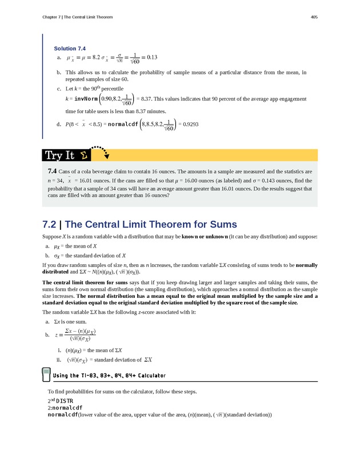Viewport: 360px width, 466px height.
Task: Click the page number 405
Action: click(314, 17)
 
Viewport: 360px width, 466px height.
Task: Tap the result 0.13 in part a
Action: click(151, 58)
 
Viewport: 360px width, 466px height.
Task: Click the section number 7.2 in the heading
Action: click(51, 225)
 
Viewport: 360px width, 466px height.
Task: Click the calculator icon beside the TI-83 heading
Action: click(46, 375)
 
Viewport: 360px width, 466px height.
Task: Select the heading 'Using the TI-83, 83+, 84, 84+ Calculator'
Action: click(109, 376)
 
